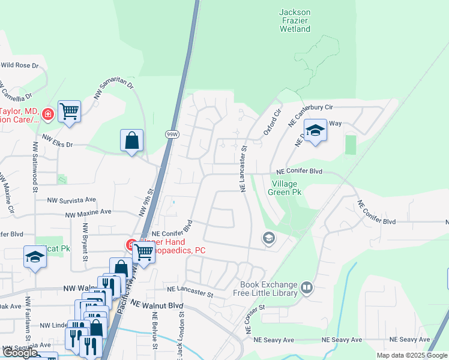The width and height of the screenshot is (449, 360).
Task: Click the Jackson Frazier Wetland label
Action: pos(295,20)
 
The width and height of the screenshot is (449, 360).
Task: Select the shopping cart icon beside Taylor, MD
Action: pos(70,111)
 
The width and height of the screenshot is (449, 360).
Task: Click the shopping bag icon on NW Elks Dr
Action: pos(131,141)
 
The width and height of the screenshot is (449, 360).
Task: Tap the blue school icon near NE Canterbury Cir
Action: pos(315,131)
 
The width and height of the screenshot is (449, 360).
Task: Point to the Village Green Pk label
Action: pos(286,188)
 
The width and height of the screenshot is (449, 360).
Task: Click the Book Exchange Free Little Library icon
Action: pos(307,289)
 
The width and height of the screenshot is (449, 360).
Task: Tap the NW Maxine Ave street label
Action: pos(89,212)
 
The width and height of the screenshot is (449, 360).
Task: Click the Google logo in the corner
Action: pos(20,353)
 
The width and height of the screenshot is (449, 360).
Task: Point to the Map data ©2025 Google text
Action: pos(411,355)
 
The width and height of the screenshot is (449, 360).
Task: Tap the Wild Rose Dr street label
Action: pos(20,65)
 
